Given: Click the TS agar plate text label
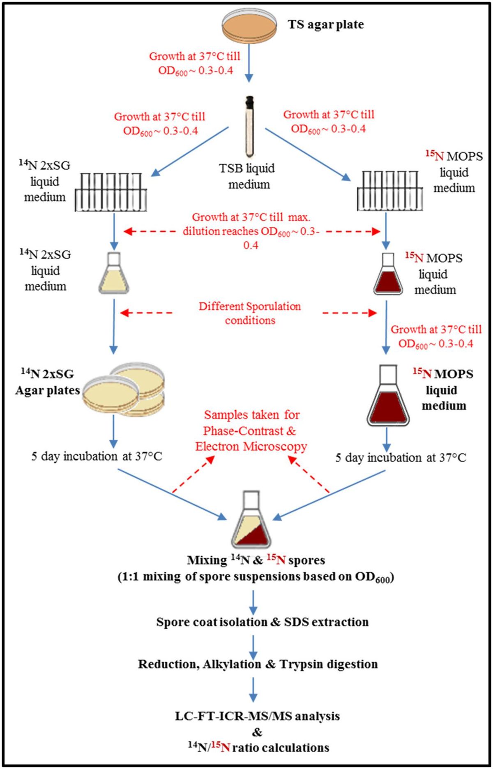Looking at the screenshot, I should (325, 25).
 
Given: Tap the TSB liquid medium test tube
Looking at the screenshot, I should (249, 127).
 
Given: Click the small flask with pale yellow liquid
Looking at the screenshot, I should (114, 274).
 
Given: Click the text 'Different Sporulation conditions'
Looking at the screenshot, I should (250, 313).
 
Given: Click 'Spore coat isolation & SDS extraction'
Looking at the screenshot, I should (262, 622).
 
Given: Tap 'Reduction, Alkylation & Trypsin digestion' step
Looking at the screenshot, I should (258, 664).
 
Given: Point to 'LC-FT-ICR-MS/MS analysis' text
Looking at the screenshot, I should (258, 716).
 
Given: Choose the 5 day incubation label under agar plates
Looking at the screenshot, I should (97, 456).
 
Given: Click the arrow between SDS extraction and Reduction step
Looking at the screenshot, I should (253, 644).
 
